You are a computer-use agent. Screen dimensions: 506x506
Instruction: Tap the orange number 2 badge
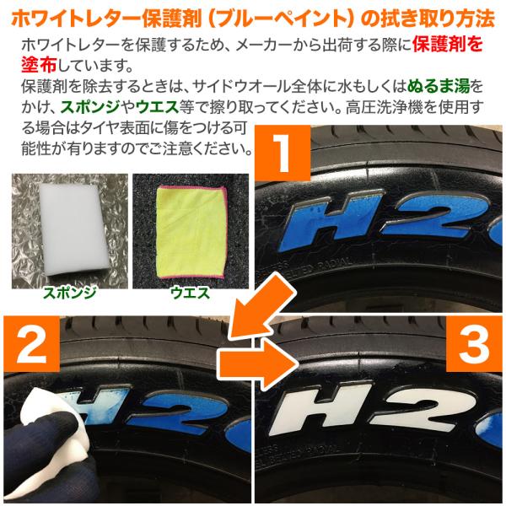32,344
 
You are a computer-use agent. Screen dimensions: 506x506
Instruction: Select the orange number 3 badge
474,344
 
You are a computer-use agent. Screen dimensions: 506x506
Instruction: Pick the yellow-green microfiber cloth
191,232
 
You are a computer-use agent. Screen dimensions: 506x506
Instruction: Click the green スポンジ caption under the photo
70,293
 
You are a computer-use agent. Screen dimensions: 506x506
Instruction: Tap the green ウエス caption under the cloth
191,293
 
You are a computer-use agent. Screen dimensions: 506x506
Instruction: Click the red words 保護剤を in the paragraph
448,44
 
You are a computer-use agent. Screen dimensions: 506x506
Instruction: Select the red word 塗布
39,65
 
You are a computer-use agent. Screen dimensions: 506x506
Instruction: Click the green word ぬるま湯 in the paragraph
439,86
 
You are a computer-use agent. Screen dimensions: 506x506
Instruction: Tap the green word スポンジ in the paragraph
90,107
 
